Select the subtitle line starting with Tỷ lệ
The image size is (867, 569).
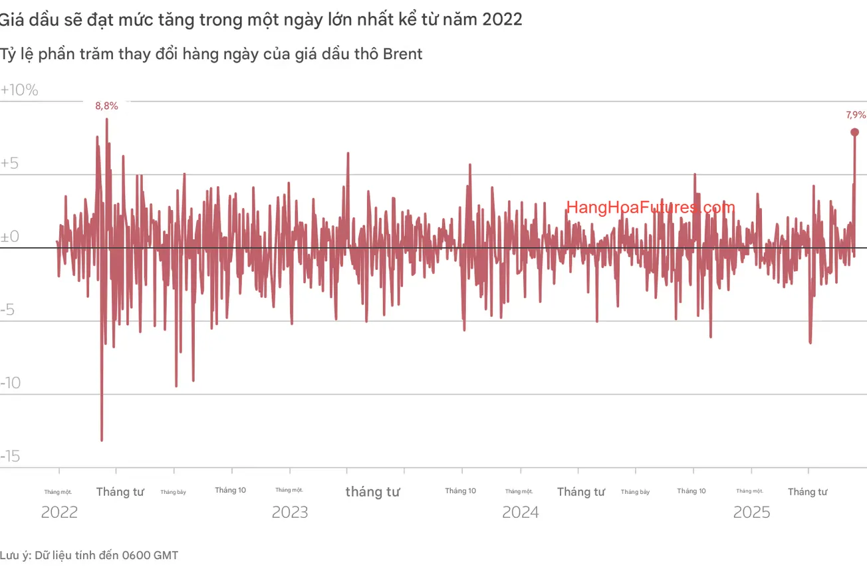tap(211, 54)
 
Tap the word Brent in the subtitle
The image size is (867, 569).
tap(403, 54)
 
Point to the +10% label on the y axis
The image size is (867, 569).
tap(20, 90)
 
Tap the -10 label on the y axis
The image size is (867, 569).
tap(12, 383)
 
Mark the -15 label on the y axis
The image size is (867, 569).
tap(12, 456)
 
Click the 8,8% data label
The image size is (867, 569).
tap(106, 106)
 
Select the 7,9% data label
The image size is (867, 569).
tap(856, 115)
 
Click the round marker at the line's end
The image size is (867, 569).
tap(855, 132)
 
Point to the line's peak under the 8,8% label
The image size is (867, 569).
tap(106, 119)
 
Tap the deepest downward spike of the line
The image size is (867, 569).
tap(102, 440)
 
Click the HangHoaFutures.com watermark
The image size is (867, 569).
tap(650, 207)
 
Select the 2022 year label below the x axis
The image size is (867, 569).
tap(59, 512)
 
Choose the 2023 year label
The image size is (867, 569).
tap(290, 512)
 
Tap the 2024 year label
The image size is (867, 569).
tap(521, 512)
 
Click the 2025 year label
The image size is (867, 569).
tap(751, 512)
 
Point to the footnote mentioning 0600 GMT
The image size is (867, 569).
tap(89, 555)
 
